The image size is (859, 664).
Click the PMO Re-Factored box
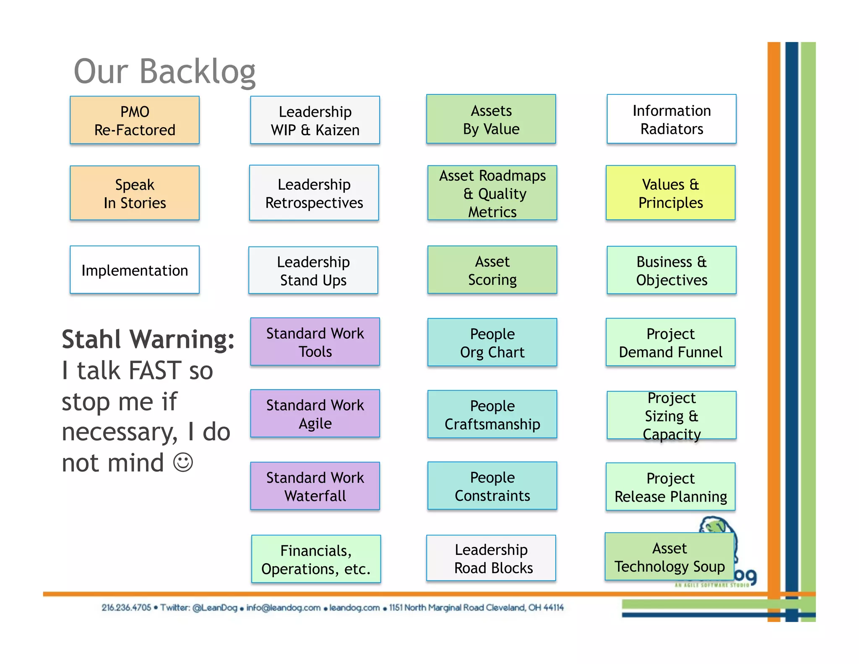135,120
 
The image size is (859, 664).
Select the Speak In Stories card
135,193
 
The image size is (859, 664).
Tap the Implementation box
135,270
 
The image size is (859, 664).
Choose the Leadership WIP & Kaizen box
315,120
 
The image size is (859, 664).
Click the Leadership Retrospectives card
314,193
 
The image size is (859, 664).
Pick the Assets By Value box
491,119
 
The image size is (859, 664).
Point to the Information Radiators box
672,119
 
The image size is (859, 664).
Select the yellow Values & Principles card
671,193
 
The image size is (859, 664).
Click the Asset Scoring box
492,270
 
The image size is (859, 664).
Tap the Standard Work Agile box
315,414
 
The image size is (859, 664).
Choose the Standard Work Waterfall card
315,486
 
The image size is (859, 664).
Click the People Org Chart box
492,342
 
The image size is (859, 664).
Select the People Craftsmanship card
492,415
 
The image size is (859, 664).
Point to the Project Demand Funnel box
671,342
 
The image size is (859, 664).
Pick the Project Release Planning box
671,487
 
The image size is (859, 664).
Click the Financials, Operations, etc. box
316,559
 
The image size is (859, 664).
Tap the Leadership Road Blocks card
491,558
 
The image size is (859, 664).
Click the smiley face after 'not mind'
183,463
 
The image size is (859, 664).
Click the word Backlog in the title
198,71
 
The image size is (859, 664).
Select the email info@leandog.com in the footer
283,607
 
